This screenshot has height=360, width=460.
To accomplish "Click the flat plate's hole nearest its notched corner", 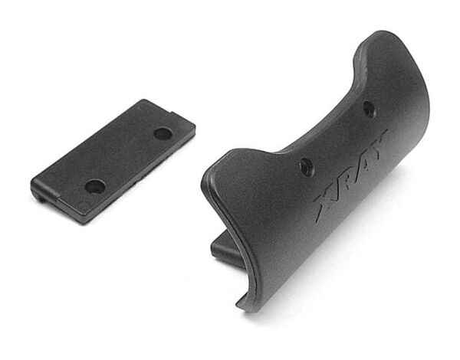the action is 163,133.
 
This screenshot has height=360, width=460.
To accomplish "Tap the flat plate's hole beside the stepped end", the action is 95,186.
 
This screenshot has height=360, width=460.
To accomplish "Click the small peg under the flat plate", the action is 42,199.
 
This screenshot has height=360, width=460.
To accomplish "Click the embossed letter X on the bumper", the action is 325,203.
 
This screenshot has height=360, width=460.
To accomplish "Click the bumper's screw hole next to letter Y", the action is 369,109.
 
